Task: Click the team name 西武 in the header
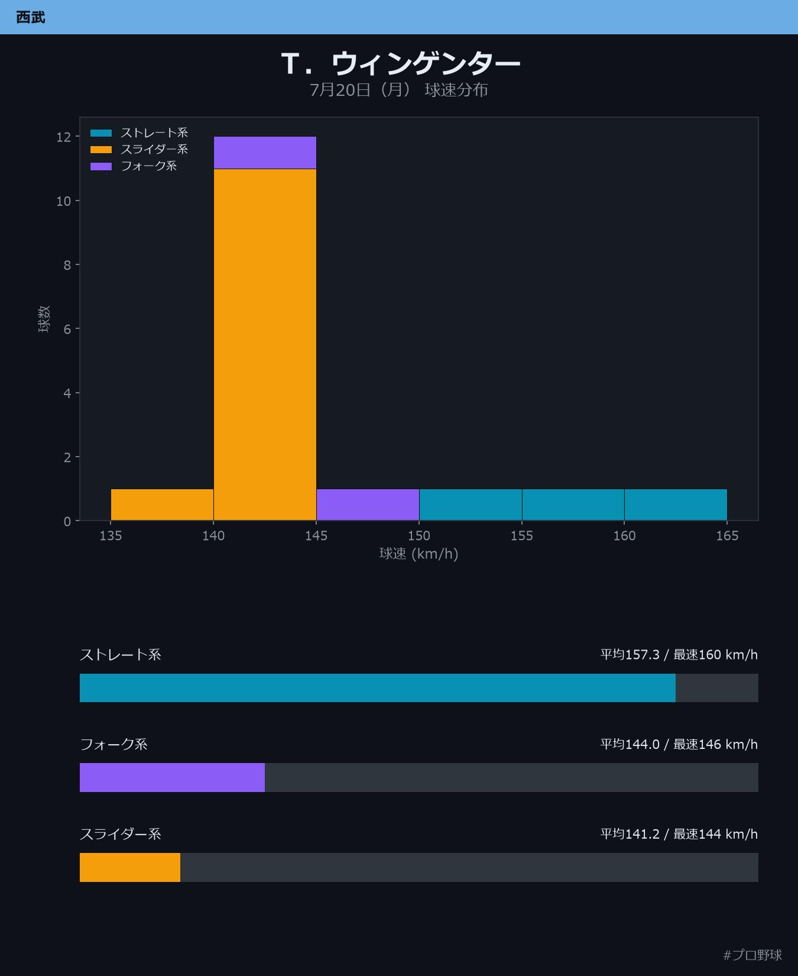31,17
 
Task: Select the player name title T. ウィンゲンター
401,63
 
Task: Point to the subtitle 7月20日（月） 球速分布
399,90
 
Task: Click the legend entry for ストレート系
139,133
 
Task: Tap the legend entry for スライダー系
139,150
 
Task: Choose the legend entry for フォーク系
134,166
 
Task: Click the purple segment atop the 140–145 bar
265,153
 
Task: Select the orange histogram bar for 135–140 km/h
162,505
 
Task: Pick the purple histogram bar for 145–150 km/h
368,505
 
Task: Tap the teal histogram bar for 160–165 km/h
676,505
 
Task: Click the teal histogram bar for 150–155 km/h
471,505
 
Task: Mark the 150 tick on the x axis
419,536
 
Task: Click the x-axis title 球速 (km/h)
419,554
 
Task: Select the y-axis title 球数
44,319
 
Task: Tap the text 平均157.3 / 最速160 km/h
679,655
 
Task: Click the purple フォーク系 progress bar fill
172,777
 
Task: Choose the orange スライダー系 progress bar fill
130,867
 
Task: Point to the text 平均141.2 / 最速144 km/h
679,834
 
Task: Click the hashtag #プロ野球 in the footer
752,955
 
